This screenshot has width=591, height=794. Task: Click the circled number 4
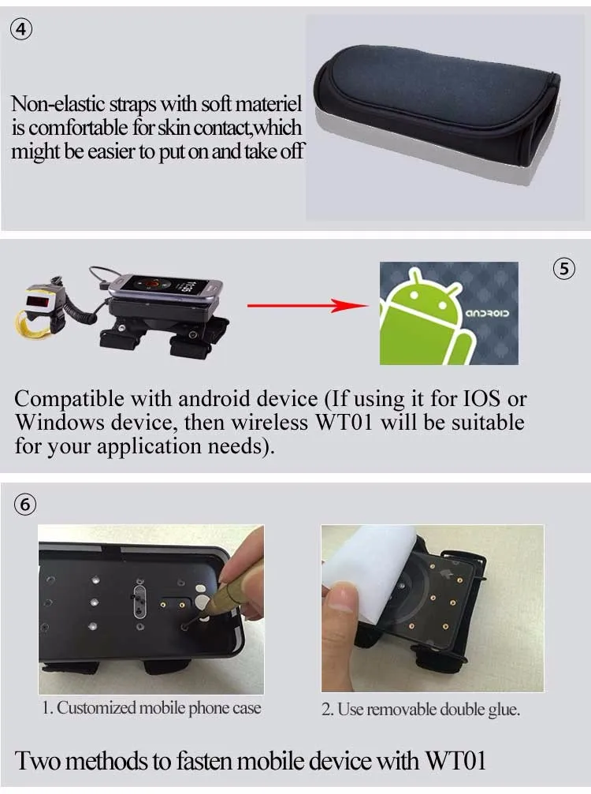click(20, 29)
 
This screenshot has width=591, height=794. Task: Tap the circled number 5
click(563, 268)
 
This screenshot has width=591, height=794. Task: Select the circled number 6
click(25, 505)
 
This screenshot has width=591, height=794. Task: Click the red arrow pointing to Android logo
click(307, 305)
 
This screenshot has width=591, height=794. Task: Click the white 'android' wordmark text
click(487, 314)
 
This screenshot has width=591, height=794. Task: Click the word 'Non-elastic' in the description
click(58, 104)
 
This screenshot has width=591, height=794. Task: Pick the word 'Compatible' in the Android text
click(69, 400)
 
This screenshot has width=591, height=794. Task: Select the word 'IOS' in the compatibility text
click(481, 398)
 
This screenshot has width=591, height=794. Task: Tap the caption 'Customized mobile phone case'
click(159, 708)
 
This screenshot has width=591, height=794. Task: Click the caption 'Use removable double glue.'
click(429, 710)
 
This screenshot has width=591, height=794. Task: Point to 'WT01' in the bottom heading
click(455, 761)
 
